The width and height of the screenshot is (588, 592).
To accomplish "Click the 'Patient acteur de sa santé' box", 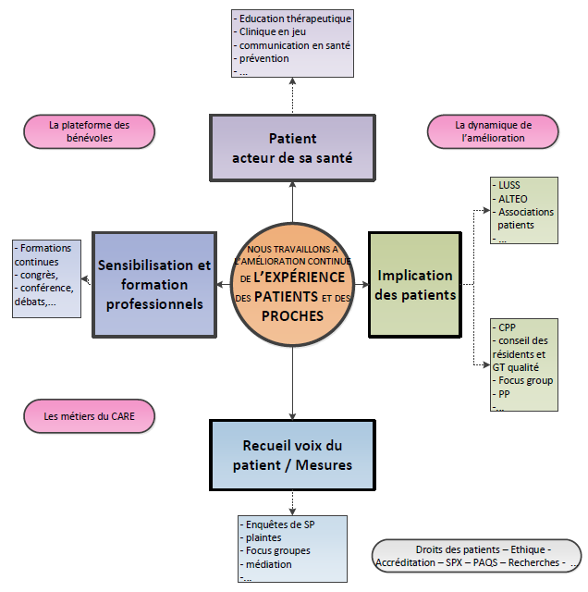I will pyautogui.click(x=292, y=147).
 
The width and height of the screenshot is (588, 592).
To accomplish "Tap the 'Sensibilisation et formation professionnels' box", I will pyautogui.click(x=153, y=284).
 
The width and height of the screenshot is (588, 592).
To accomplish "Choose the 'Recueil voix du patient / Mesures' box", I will pyautogui.click(x=292, y=456).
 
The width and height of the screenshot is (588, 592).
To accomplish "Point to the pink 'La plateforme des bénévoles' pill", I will pyautogui.click(x=89, y=131).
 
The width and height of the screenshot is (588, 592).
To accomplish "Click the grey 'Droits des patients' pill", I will pyautogui.click(x=477, y=555).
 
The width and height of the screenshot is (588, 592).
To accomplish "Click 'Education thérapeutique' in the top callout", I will pyautogui.click(x=294, y=18).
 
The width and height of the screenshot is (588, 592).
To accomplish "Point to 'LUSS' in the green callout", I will pyautogui.click(x=508, y=185).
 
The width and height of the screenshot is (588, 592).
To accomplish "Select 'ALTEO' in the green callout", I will pyautogui.click(x=513, y=198).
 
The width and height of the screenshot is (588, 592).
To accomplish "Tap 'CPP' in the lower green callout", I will pyautogui.click(x=508, y=327).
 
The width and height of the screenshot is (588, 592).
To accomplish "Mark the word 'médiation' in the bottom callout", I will pyautogui.click(x=268, y=564).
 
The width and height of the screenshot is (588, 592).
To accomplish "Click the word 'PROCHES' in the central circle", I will pyautogui.click(x=292, y=315).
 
